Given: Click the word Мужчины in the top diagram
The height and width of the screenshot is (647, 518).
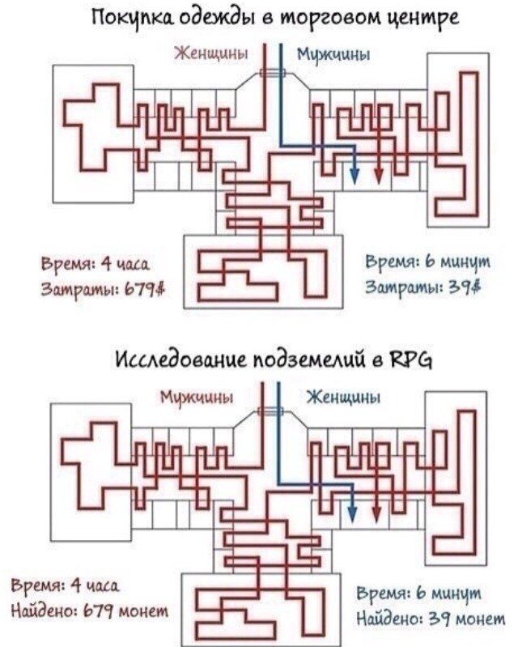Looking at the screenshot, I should pos(333,55).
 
